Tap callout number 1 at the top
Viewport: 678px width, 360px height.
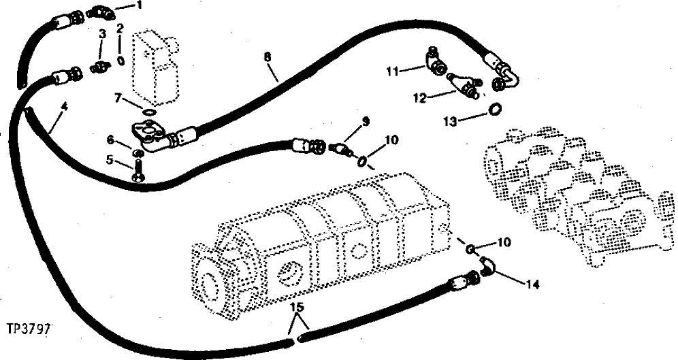[x=140, y=6]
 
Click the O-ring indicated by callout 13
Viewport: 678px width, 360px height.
[x=496, y=109]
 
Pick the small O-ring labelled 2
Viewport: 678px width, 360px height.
[x=120, y=60]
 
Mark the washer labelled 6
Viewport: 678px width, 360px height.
[x=138, y=150]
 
